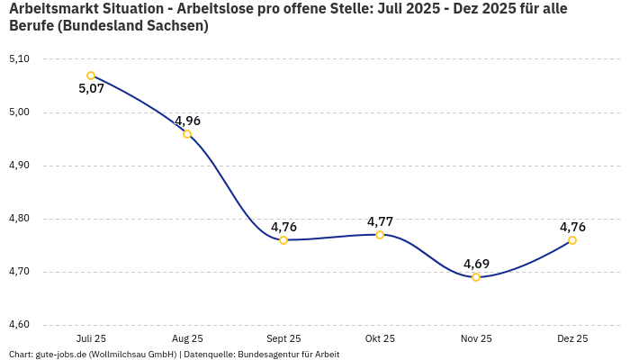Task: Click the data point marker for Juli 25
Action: [x=91, y=76]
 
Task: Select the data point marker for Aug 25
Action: [x=187, y=134]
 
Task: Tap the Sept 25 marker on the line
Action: [x=283, y=240]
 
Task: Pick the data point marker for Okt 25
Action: [x=380, y=235]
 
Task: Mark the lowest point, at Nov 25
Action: [x=476, y=277]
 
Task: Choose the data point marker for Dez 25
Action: [x=572, y=240]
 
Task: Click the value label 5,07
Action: [x=92, y=89]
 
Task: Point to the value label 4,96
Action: [x=187, y=121]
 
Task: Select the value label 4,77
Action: [x=380, y=221]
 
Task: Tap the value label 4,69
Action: [x=476, y=264]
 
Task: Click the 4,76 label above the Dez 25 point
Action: [x=572, y=227]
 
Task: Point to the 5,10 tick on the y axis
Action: [x=19, y=59]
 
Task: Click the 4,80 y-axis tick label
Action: [x=19, y=219]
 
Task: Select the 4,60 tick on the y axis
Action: [x=19, y=325]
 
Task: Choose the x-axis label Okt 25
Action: [x=380, y=339]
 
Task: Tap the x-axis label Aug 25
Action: [x=187, y=339]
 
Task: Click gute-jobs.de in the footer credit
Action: [x=60, y=355]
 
